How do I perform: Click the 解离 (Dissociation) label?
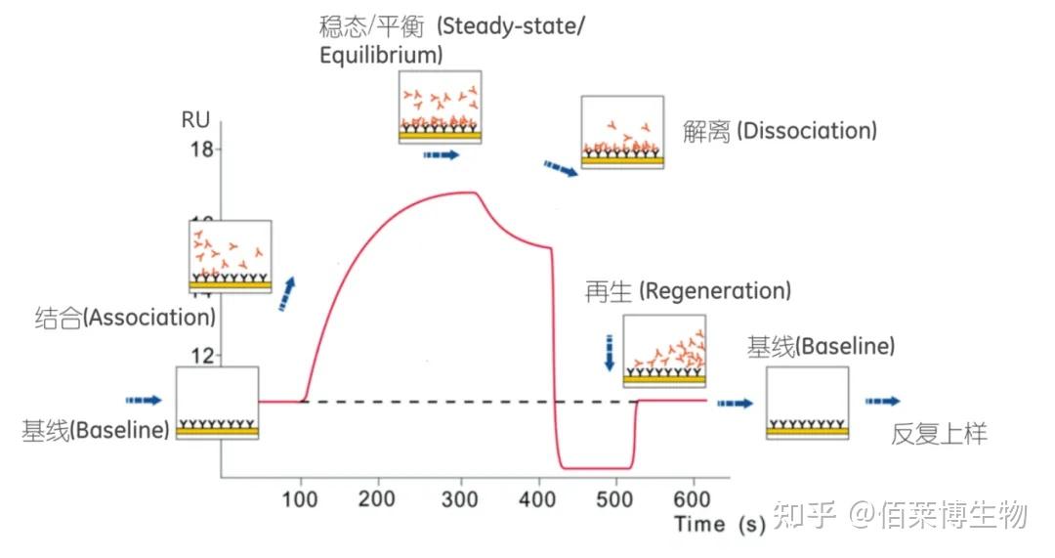pos(780,131)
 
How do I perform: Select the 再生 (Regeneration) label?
pos(688,290)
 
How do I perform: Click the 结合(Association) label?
pos(125,318)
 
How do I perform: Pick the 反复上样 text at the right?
pos(939,434)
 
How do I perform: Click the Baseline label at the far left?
pos(96,430)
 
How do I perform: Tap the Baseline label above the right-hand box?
pos(821,346)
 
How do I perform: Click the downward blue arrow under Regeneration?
pos(610,352)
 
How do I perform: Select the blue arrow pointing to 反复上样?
pos(882,402)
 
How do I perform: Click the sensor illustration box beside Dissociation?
pos(622,132)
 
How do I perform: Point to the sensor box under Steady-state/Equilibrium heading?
pos(440,107)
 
